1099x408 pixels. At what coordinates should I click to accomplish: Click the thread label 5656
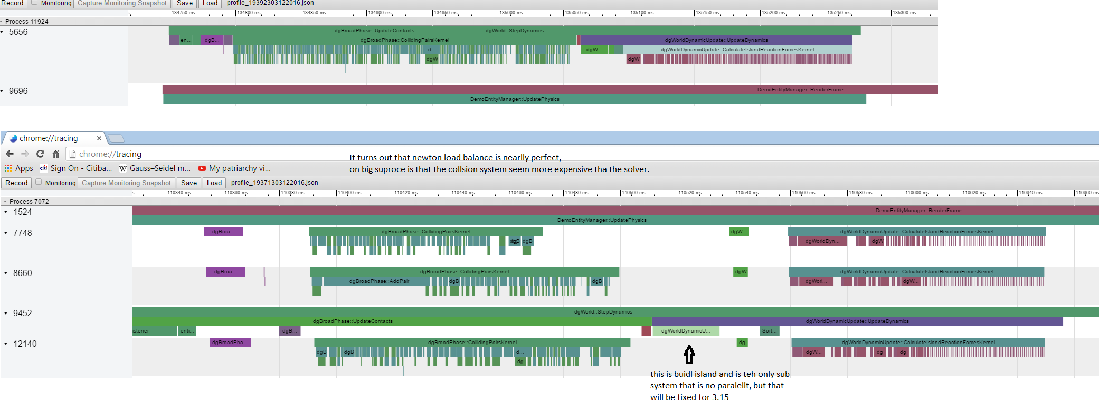18,32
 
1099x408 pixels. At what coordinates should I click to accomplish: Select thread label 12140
25,344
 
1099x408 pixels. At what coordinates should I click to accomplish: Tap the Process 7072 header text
29,201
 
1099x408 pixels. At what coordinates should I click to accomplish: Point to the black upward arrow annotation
689,354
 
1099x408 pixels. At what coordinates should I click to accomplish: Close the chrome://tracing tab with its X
99,138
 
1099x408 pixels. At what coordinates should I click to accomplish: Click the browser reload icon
40,154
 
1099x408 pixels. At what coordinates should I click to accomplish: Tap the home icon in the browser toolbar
55,154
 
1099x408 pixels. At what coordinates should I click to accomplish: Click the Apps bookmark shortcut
19,168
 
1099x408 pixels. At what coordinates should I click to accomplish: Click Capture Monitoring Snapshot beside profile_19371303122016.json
126,183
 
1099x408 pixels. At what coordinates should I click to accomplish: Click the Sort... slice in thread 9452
769,331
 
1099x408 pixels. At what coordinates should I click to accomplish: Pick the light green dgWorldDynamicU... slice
685,331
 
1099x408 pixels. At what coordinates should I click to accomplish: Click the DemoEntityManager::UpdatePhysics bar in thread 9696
514,99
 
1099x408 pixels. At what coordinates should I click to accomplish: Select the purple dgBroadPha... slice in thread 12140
230,343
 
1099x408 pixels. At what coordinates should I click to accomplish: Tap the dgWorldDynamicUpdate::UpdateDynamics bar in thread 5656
716,40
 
